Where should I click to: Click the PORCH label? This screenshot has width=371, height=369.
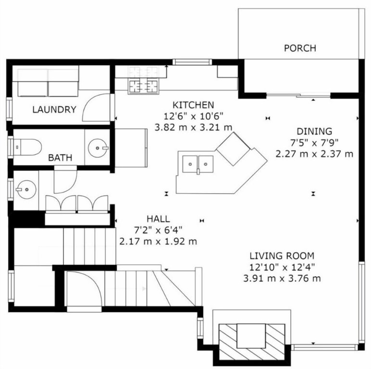(300, 48)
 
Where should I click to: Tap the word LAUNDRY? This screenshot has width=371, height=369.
(54, 110)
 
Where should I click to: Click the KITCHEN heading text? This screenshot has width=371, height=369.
(193, 105)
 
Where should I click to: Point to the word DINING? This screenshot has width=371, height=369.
(314, 131)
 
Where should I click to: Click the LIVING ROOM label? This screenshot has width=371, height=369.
(282, 256)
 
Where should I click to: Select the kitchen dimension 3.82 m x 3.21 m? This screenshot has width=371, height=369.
(193, 127)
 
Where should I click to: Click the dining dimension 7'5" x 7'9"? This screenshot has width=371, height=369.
(314, 143)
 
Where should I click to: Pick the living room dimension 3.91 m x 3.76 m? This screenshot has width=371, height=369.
(282, 278)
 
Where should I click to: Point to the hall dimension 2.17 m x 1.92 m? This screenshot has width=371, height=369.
(158, 241)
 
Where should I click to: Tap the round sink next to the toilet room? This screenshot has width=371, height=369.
(100, 147)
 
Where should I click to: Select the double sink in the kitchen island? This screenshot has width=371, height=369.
(198, 164)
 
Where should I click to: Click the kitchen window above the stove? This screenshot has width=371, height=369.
(192, 61)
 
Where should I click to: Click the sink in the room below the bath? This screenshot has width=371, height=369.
(25, 189)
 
